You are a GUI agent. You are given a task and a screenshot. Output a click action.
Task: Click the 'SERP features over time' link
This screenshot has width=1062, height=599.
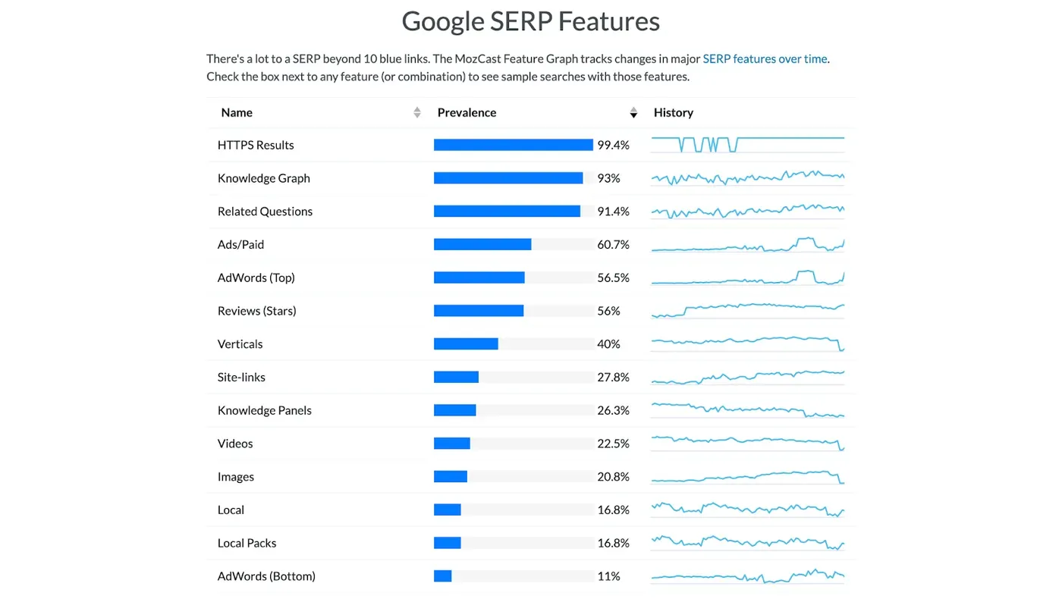tap(765, 59)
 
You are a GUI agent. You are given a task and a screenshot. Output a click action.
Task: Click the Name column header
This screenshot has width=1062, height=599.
tap(237, 112)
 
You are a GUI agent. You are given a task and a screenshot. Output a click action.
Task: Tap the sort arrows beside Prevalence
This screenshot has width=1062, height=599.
tap(633, 112)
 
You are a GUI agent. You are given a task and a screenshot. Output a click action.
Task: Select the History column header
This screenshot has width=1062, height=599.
tap(674, 112)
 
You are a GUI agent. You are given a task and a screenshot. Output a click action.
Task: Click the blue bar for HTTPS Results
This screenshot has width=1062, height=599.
tap(513, 145)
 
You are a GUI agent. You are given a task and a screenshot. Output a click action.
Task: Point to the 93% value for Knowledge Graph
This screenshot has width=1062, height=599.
tap(608, 178)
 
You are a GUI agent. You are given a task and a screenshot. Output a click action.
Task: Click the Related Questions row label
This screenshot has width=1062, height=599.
tap(265, 212)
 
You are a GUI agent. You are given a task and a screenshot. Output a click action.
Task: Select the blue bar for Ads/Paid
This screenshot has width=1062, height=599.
tap(482, 244)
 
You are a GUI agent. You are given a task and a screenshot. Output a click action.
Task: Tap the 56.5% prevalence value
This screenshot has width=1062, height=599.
tap(613, 278)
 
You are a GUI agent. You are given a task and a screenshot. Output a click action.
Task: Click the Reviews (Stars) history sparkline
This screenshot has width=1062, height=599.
tap(748, 310)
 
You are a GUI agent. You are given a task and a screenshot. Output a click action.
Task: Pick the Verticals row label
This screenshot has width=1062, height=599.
tap(240, 344)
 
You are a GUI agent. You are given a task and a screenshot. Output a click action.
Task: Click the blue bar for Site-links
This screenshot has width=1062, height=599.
tap(456, 377)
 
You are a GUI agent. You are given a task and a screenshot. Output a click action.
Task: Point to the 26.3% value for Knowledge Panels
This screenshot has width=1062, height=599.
tap(613, 410)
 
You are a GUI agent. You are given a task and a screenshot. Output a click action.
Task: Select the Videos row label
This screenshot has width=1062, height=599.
tap(235, 444)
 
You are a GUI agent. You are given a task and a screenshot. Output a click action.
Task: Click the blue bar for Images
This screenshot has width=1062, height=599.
tap(451, 476)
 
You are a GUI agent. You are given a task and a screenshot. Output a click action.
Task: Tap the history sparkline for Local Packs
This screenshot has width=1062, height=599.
tap(748, 542)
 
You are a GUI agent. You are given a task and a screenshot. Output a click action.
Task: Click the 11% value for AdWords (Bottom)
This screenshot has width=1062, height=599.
tap(608, 576)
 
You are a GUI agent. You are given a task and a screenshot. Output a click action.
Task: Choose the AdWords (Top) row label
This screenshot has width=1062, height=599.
tap(256, 278)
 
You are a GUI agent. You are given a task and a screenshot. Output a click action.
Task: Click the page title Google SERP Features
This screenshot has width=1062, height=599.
tap(530, 21)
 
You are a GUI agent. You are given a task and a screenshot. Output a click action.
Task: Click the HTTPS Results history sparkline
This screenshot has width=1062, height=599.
tap(748, 145)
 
